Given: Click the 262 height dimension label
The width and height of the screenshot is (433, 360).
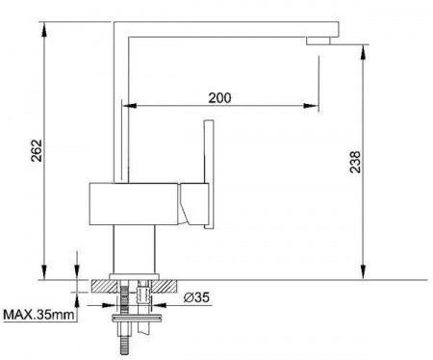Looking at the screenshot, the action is point(37,150).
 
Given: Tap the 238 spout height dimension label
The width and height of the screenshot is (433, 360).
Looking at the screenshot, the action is point(355,162).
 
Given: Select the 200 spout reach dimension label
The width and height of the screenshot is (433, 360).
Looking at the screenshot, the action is point(219,98).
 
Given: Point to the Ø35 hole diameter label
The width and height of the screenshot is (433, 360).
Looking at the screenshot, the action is point(196,297).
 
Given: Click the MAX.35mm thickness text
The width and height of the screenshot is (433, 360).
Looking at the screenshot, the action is point(38,315).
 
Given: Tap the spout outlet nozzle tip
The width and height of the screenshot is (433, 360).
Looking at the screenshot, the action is point(318,41).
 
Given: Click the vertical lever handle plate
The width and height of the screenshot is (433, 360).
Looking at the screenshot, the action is point(209,174).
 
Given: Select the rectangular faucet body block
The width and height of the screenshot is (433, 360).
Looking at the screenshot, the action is point(134,204).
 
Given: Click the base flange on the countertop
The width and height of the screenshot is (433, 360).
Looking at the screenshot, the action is point(135,276).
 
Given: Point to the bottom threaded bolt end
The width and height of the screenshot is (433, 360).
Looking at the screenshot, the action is point(125,345).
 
